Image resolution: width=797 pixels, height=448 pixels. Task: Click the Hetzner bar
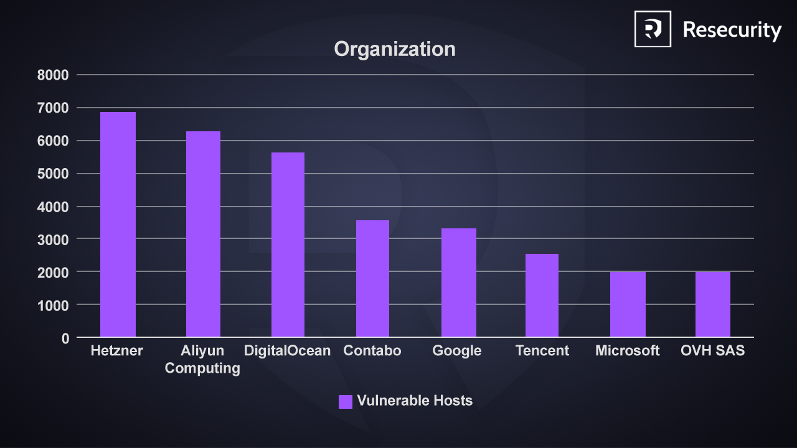(118, 225)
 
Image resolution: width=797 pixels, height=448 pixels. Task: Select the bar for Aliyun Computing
(203, 235)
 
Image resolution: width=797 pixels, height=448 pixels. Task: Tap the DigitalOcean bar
(288, 245)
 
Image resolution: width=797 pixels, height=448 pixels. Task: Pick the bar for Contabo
(372, 279)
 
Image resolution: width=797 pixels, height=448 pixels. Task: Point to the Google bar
(458, 282)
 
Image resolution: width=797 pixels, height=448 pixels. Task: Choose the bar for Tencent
(542, 296)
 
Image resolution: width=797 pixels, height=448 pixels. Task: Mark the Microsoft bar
(628, 304)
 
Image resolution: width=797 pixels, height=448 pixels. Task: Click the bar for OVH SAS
(712, 304)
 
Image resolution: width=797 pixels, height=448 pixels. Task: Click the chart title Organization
(395, 49)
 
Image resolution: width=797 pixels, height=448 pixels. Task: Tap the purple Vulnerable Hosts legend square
(346, 401)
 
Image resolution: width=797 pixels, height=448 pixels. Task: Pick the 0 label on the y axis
(65, 338)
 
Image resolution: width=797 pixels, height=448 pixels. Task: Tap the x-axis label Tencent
(542, 351)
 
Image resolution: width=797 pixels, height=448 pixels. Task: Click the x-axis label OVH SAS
(712, 351)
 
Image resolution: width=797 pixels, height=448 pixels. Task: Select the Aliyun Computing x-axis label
(202, 360)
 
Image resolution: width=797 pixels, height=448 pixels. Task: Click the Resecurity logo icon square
(653, 29)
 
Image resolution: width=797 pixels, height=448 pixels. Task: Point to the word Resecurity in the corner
(732, 30)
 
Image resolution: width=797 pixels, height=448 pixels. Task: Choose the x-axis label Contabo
(372, 351)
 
